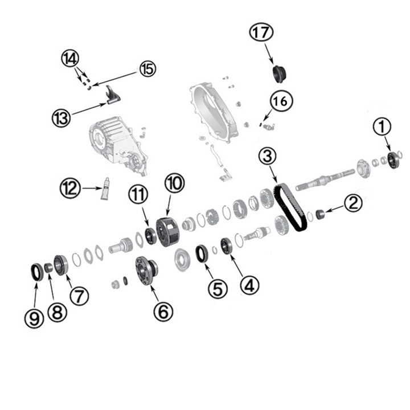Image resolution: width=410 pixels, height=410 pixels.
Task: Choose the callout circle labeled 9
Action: coord(34,318)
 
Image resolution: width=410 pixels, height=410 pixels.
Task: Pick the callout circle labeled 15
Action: coord(147,69)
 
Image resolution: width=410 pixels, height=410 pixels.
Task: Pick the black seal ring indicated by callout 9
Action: coord(36,272)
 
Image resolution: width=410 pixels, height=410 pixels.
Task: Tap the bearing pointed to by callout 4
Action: coord(225,246)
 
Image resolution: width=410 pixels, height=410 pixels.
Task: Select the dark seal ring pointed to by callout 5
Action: coord(202,253)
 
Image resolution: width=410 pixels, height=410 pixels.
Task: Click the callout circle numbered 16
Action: coord(280,102)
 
